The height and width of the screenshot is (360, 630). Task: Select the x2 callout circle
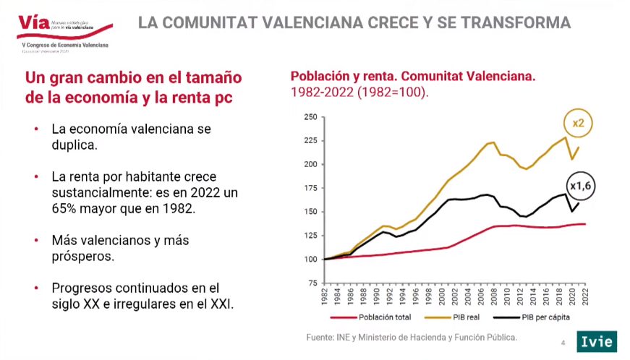[578, 124]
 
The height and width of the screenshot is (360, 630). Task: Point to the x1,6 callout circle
[581, 187]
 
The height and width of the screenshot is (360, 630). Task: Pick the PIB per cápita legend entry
[535, 317]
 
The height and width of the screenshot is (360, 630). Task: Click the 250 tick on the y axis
[310, 117]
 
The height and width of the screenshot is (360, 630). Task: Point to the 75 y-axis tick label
[312, 283]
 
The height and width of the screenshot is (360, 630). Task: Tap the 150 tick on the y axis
[310, 212]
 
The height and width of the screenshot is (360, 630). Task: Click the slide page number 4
[563, 342]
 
